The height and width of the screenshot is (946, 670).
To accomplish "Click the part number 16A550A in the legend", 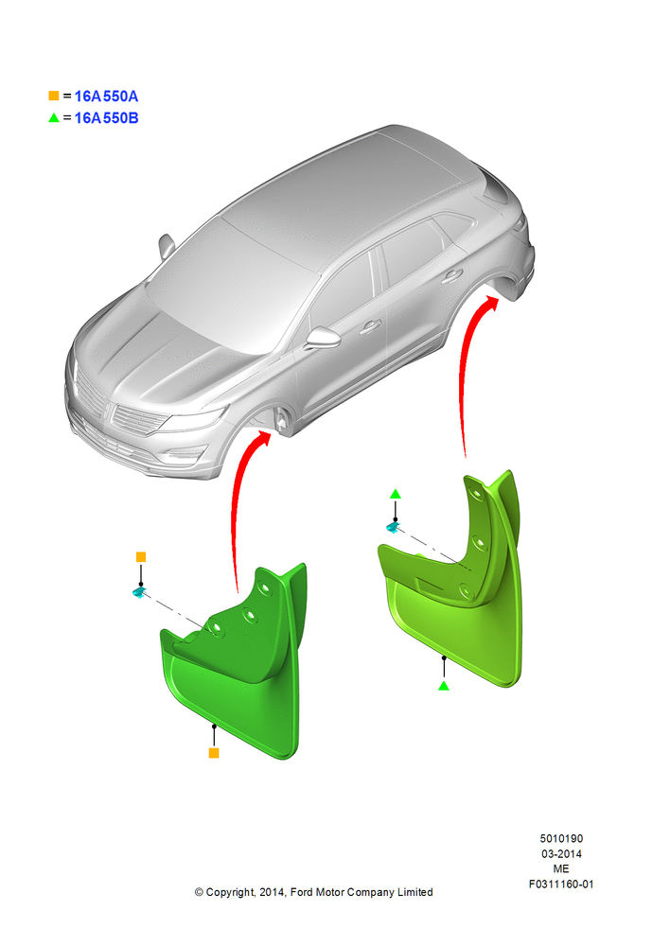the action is coord(106,96).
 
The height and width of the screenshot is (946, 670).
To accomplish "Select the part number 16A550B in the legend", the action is coord(106,118).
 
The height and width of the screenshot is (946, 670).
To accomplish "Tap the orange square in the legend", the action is coord(54,96).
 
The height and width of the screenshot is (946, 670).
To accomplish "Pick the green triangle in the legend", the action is coord(54,117).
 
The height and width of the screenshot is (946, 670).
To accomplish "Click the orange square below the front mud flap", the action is coord(214,753).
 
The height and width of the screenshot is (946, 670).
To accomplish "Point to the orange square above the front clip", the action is coord(141,557).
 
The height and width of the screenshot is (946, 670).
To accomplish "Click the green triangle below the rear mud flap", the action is coord(444,686).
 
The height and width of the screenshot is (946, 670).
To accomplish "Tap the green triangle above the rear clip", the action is coord(396,494).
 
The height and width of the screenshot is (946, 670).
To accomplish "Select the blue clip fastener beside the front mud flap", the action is coord(139,593).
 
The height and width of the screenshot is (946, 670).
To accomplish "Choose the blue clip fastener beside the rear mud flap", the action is coord(393,528).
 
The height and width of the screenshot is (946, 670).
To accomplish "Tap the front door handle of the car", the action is coord(370,327).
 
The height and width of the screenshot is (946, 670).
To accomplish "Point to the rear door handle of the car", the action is coord(451,277).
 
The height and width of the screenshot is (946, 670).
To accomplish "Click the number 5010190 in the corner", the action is coord(561,838).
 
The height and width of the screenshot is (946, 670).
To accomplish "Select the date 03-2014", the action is coord(561,853).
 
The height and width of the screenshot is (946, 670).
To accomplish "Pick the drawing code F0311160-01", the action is coord(561,884).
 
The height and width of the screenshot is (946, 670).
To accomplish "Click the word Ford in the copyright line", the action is coord(303,892).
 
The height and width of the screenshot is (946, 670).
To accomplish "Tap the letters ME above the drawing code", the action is coord(561,868).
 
